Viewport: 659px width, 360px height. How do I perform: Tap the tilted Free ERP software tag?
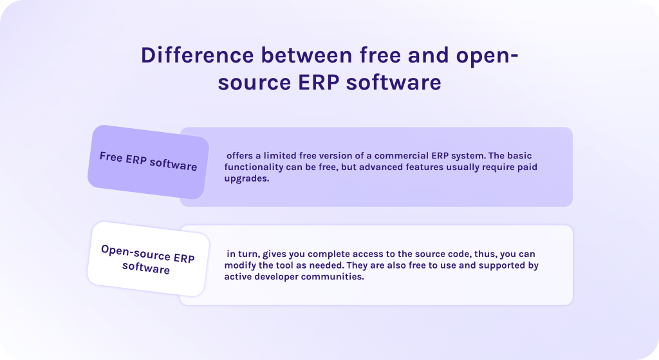tap(148, 161)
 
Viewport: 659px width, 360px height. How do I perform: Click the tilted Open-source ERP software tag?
tap(147, 258)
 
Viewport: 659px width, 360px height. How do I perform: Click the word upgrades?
tap(246, 179)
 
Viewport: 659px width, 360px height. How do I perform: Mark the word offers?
tap(241, 156)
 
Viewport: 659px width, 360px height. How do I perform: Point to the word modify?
tap(241, 265)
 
